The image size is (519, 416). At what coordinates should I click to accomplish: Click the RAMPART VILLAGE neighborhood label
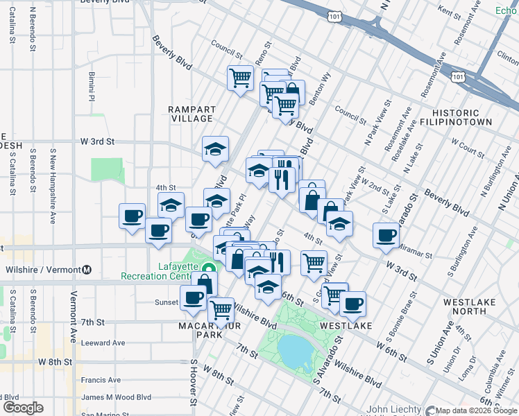pos(192,114)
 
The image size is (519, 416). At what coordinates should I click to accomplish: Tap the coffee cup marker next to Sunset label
pos(192,297)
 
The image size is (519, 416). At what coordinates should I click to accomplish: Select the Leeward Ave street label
pos(103,343)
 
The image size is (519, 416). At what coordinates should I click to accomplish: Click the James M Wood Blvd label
pos(116,397)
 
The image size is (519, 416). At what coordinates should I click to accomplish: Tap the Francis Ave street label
pos(101,380)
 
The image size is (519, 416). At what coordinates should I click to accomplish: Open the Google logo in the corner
pos(23,408)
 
